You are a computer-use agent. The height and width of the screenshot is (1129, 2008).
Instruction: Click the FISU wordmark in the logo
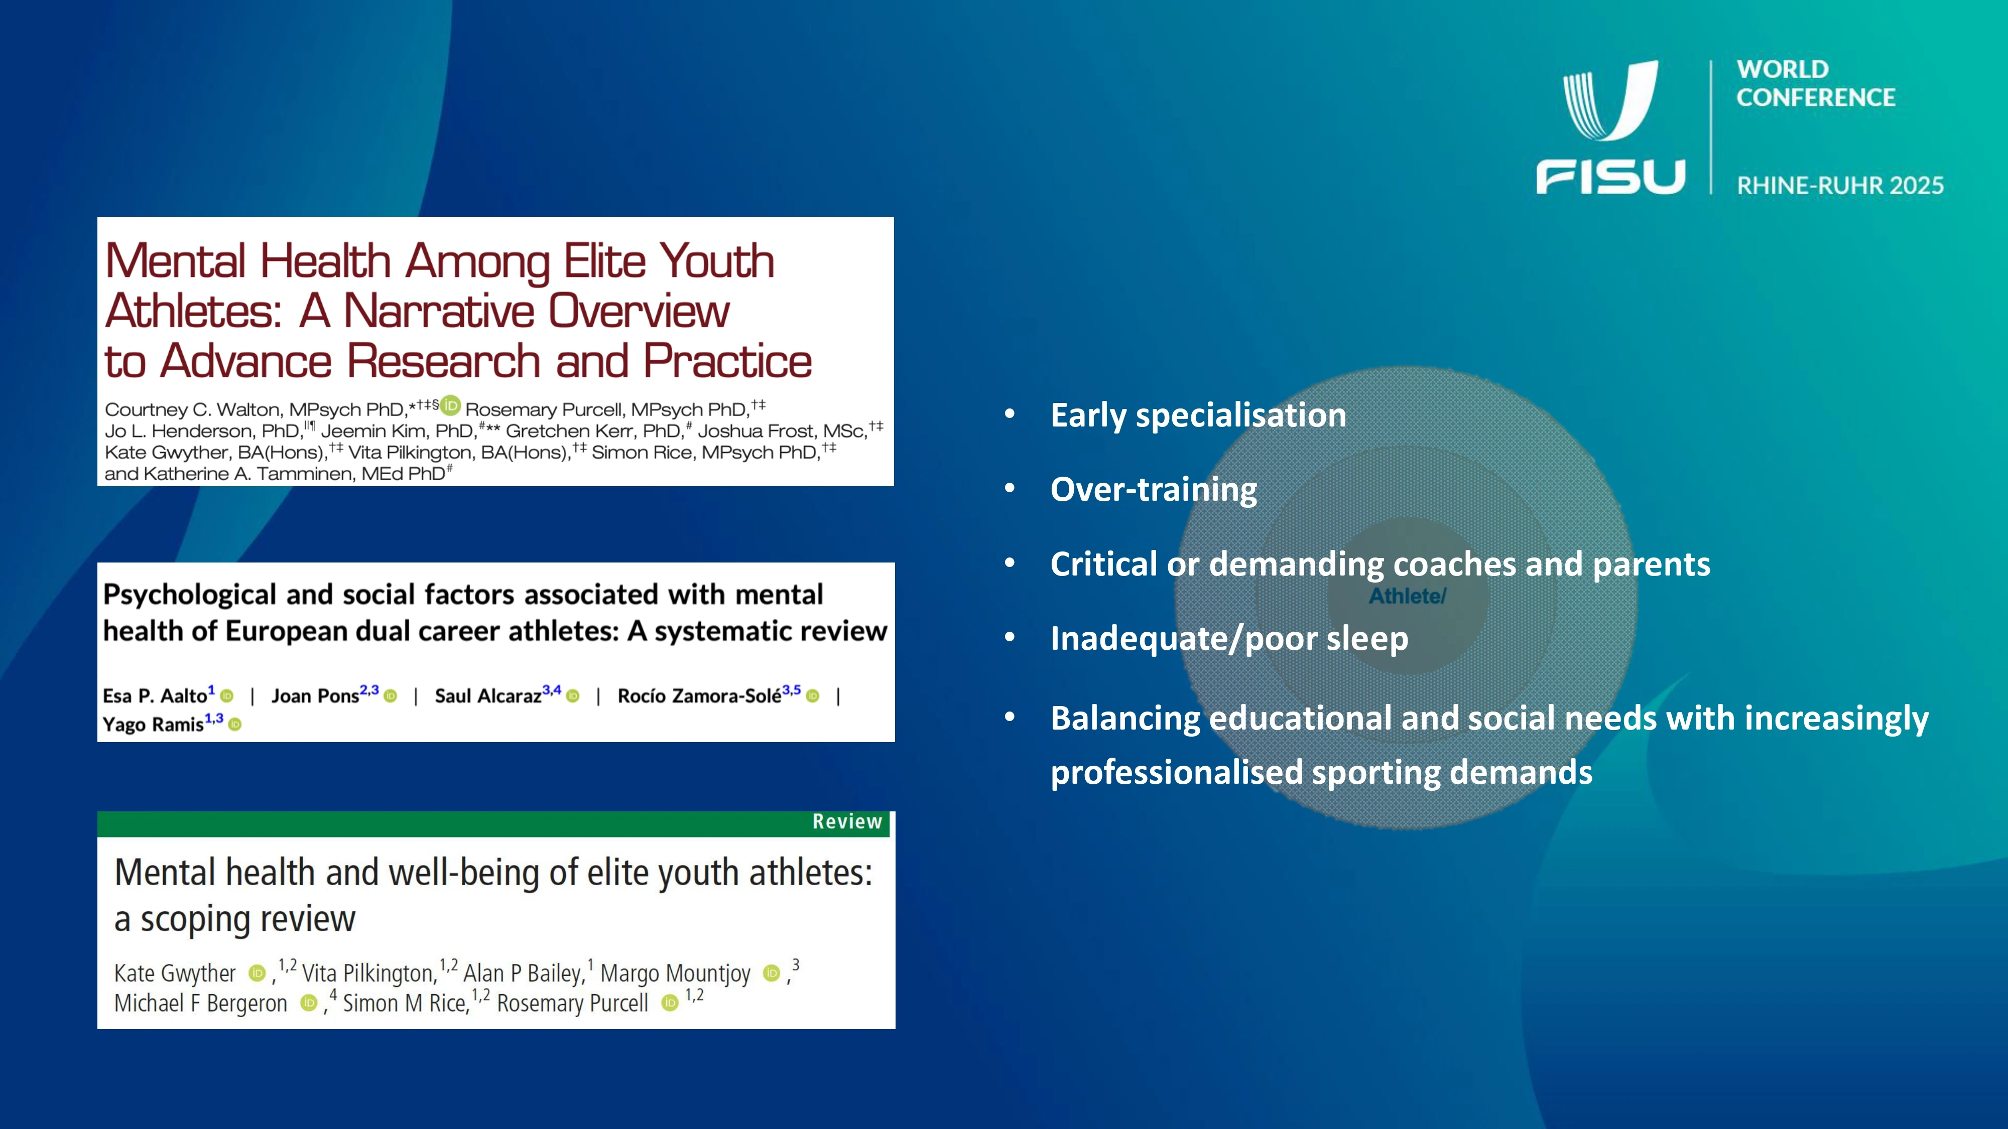(1610, 176)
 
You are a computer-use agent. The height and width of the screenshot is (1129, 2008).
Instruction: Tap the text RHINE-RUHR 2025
(1840, 186)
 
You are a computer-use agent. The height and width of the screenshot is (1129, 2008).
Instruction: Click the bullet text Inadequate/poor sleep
(1229, 639)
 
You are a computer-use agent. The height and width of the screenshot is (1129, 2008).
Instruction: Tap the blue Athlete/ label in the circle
(1408, 596)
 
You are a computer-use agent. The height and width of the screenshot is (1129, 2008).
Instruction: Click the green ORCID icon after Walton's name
(451, 405)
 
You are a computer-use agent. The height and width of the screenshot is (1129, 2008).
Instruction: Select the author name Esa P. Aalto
(154, 696)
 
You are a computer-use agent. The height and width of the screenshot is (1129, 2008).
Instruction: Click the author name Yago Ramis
(153, 725)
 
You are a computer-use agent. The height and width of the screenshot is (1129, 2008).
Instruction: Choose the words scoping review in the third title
(248, 919)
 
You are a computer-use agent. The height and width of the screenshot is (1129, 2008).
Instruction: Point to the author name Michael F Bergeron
(200, 1004)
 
